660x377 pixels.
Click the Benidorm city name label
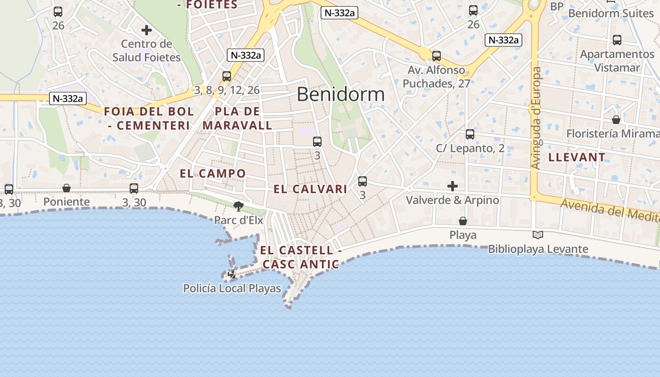point(340,94)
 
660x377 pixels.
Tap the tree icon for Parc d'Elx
point(239,206)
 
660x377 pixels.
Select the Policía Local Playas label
point(232,288)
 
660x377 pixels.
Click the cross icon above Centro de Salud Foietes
point(147,30)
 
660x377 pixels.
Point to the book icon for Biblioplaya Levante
point(537,235)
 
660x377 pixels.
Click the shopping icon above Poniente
point(66,188)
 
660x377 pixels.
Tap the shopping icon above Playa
point(463,221)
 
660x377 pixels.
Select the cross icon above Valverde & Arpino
point(453,186)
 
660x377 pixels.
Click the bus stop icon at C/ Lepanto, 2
point(470,134)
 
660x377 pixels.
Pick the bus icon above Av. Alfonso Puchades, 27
point(437,56)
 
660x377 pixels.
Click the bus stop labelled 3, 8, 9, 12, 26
point(227,76)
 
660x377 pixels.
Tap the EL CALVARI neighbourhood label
point(310,189)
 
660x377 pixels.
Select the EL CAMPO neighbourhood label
point(213,173)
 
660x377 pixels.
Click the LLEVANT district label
point(577,157)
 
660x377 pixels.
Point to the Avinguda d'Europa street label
point(536,118)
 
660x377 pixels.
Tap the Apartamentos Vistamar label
point(617,61)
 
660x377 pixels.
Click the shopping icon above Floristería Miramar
point(616,120)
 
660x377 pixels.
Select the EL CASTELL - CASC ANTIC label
point(300,257)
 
